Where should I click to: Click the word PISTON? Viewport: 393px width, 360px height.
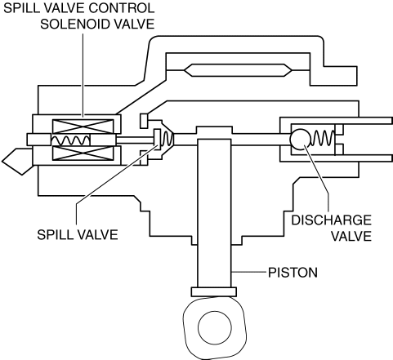click(293, 273)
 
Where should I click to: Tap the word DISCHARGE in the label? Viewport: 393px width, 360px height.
click(331, 220)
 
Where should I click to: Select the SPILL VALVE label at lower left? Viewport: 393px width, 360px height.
click(78, 234)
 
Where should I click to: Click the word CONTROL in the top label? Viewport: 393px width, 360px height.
click(122, 8)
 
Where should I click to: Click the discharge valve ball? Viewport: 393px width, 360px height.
click(300, 139)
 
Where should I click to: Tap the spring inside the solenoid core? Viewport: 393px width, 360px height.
click(70, 140)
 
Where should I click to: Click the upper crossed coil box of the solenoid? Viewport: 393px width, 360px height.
click(83, 127)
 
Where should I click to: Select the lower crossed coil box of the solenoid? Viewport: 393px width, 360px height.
click(83, 153)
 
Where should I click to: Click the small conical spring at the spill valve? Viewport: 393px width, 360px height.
click(167, 139)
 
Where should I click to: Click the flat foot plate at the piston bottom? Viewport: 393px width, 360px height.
click(214, 291)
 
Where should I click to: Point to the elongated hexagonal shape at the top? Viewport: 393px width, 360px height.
click(238, 70)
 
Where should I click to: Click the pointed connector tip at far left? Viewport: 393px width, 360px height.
click(17, 162)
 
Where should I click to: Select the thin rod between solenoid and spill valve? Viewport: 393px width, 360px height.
click(135, 140)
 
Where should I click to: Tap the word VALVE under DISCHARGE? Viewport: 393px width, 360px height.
click(351, 236)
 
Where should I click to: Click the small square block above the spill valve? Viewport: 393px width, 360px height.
click(144, 121)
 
